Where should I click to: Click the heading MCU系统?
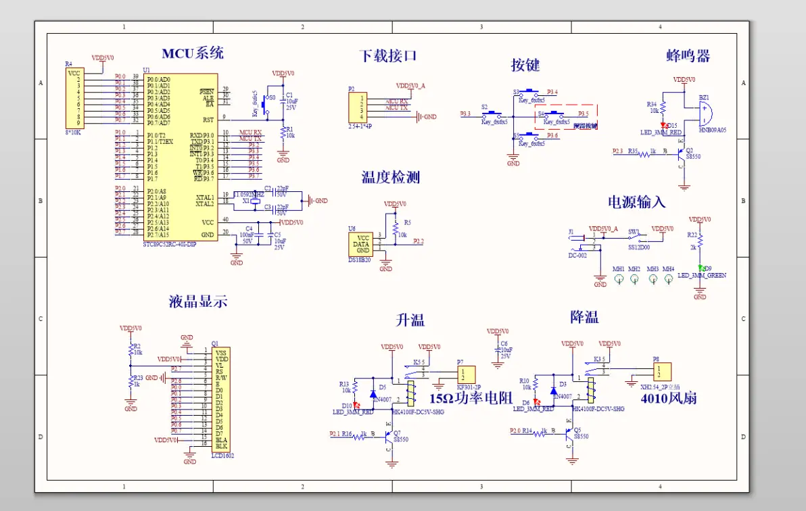pos(193,53)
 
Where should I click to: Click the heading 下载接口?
pos(387,55)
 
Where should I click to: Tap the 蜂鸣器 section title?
pos(688,55)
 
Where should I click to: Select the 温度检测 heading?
pos(391,177)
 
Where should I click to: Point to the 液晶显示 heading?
pos(197,301)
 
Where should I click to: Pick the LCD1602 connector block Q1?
pos(220,399)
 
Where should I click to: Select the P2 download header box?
pos(356,107)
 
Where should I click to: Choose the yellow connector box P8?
pos(661,372)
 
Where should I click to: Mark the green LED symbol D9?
pos(701,268)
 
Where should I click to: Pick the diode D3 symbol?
pos(554,390)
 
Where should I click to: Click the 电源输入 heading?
pos(636,201)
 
